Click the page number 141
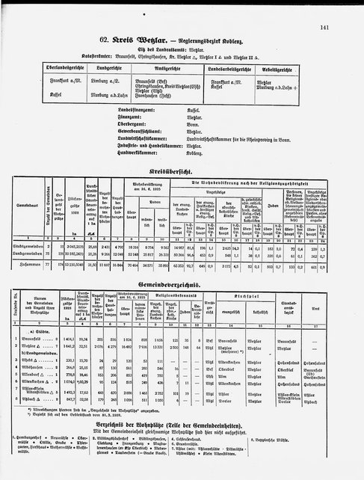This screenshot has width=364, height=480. tap(345, 27)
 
